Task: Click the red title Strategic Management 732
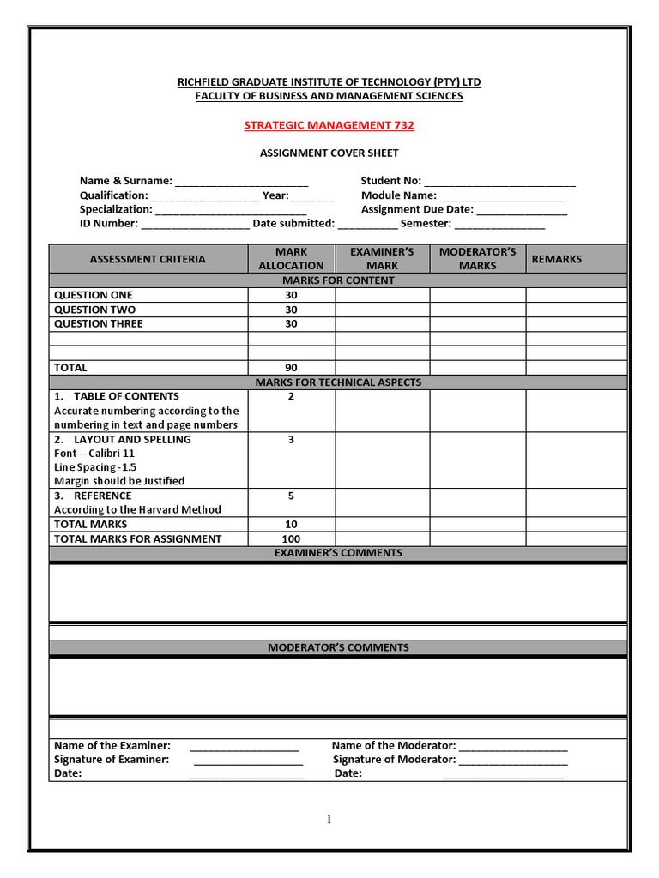329,125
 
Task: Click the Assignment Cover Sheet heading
329,153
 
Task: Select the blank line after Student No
499,182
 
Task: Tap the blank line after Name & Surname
241,182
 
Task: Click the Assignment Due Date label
417,209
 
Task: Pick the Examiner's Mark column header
382,258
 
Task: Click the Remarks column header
556,258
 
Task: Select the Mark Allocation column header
291,258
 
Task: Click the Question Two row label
94,310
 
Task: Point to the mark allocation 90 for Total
291,368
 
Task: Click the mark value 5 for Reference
291,496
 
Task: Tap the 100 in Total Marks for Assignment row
291,538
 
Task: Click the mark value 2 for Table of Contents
291,396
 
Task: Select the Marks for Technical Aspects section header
338,382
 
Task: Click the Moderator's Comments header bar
338,647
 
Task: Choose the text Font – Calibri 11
94,453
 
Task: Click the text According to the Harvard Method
137,509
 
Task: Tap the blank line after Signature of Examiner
248,761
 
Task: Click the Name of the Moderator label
393,746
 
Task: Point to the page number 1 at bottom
329,820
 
